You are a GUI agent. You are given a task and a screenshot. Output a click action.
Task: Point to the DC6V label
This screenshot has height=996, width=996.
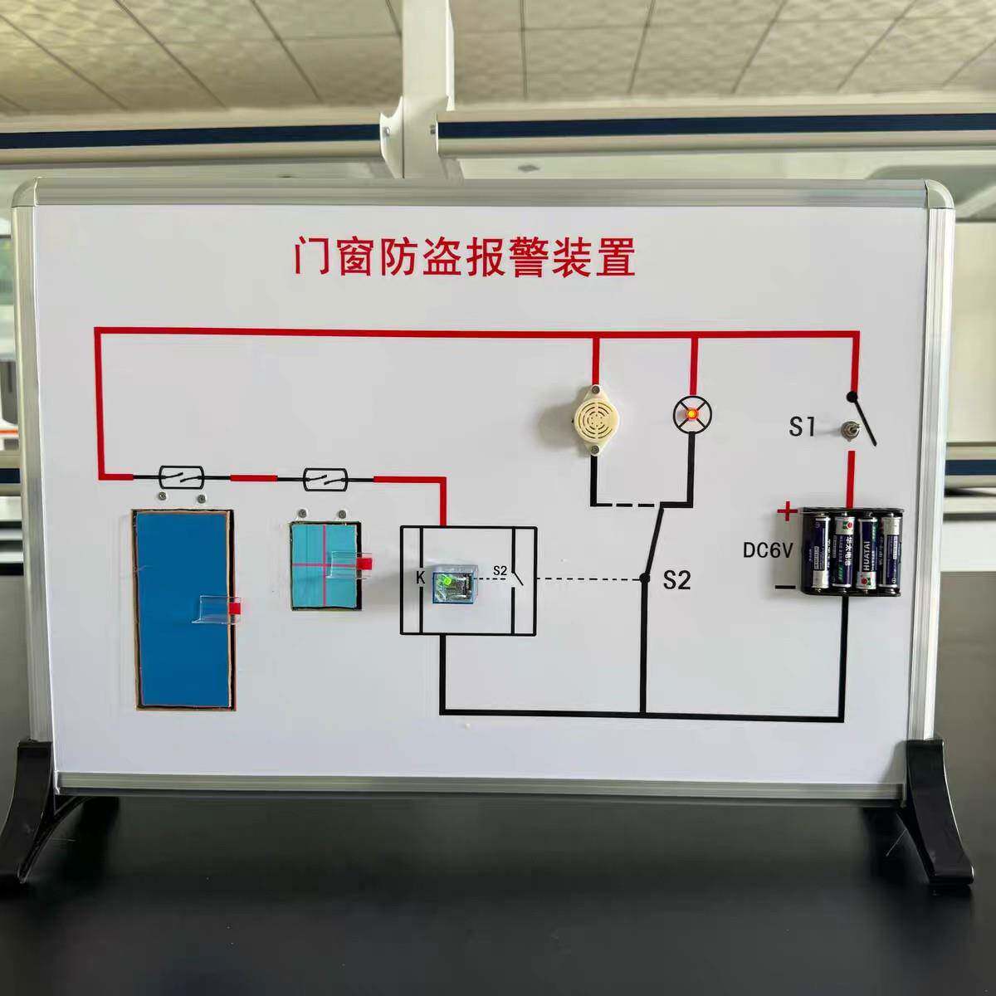(x=769, y=549)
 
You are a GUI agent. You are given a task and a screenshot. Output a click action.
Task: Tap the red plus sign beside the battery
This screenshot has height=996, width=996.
(x=784, y=510)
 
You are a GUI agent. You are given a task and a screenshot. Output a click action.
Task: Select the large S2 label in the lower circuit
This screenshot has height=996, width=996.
(x=676, y=580)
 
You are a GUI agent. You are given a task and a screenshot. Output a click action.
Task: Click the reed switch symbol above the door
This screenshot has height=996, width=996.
(x=183, y=477)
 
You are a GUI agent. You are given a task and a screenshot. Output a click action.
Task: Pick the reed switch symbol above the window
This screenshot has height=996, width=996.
(x=325, y=477)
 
